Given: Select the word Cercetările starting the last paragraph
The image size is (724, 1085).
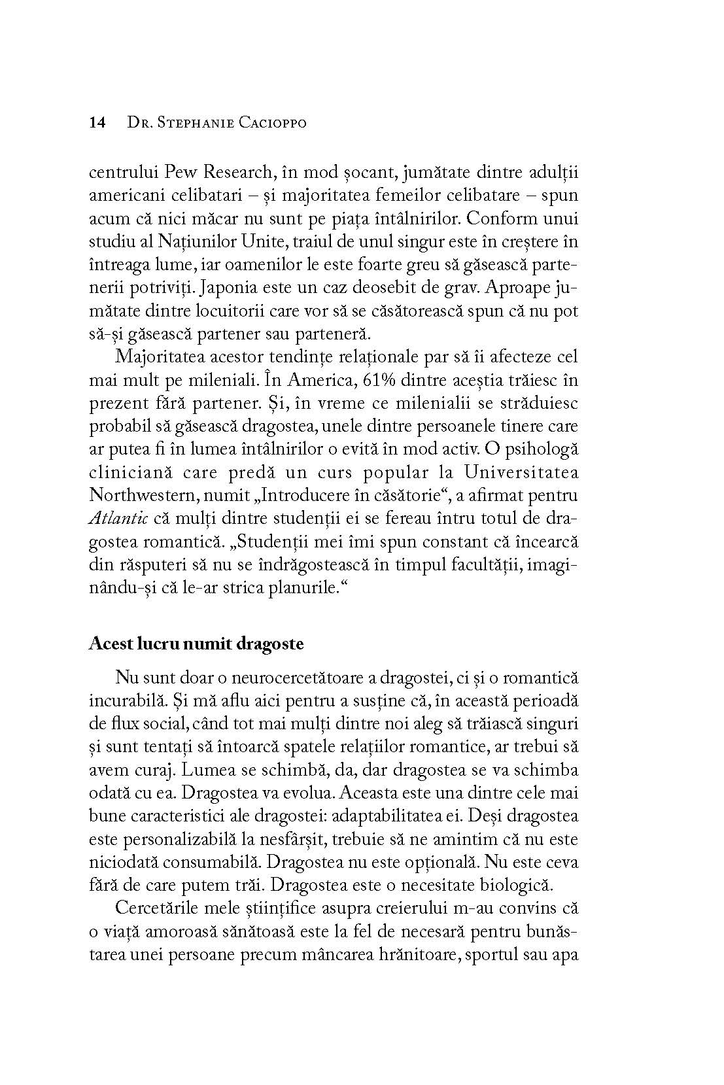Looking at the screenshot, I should pyautogui.click(x=156, y=908).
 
